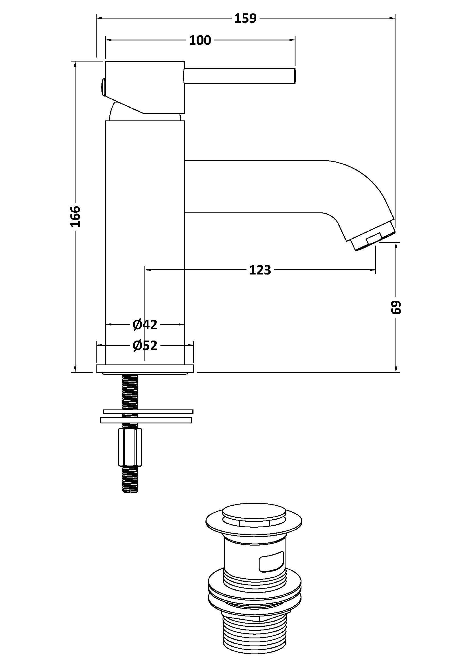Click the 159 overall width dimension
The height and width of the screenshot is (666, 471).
point(246,19)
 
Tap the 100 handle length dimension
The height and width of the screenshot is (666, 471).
point(200,40)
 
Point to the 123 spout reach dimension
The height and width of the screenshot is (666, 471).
point(260,270)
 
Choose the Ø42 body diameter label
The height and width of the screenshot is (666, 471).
point(145,325)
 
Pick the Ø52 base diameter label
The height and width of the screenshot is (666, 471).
point(145,345)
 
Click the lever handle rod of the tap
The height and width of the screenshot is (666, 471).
point(240,76)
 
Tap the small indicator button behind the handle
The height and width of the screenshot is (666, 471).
point(103,87)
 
